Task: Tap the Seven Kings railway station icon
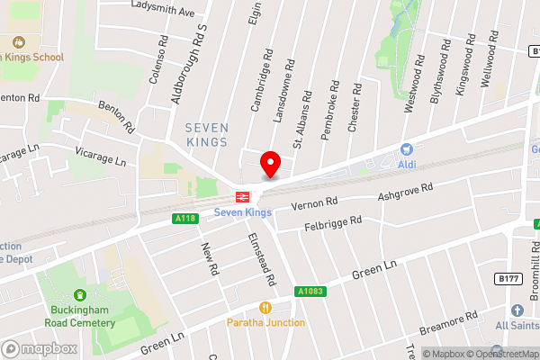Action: (x=242, y=196)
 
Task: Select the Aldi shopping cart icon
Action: (x=407, y=149)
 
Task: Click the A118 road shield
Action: (x=184, y=219)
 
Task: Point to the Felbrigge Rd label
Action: (x=332, y=221)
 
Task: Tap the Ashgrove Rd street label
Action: (x=405, y=190)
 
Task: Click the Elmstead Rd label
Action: (x=261, y=261)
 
